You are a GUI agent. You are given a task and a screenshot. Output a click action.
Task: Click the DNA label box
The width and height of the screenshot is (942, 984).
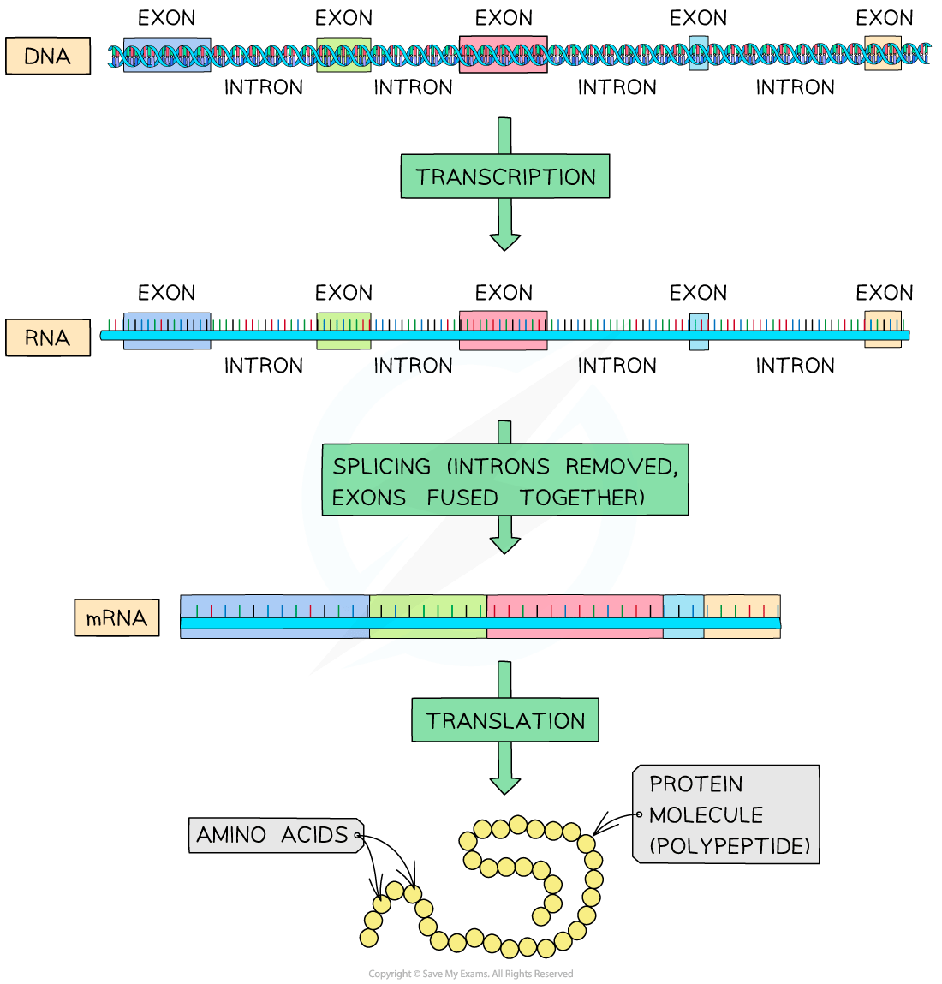pos(48,57)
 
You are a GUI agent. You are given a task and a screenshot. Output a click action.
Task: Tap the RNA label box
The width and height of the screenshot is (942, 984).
pos(48,337)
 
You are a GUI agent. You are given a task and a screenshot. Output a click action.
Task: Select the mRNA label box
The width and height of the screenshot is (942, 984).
pos(116,617)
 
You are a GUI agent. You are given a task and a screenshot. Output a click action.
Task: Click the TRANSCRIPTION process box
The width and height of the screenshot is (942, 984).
pos(505,176)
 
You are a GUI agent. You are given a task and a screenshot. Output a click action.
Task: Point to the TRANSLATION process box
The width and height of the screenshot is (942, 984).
pos(505,720)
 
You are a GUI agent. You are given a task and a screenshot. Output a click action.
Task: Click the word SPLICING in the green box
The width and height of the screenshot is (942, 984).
pos(382,467)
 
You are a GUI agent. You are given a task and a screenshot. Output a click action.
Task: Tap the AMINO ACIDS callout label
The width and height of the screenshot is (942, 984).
pos(272,835)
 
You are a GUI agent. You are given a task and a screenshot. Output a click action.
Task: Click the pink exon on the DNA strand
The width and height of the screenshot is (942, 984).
pos(504,54)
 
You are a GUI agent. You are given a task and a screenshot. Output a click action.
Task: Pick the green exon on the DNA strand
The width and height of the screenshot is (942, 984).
pos(343,54)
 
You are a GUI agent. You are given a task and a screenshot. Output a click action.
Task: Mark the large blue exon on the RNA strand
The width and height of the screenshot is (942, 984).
pos(167,331)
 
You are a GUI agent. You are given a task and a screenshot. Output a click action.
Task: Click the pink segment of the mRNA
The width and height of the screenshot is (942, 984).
pos(575,616)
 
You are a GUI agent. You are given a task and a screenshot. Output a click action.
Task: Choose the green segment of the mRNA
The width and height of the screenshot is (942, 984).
pos(428,616)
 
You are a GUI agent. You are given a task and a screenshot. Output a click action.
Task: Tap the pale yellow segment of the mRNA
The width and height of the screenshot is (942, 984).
pos(742,616)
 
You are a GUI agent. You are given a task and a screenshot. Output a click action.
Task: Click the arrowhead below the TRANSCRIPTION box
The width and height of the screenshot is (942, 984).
pos(505,241)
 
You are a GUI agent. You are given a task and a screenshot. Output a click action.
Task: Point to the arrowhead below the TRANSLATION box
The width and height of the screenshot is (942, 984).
pos(505,784)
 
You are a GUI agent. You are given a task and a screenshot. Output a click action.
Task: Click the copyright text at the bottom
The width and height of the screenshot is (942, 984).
pos(470,974)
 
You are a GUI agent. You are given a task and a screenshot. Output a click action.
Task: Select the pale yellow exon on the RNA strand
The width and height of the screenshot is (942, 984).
pos(883,330)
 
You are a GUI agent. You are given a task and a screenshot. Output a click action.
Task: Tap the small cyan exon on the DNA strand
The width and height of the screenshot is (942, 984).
pos(699,54)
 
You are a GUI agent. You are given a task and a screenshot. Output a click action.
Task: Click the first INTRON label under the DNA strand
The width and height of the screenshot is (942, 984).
pos(264,87)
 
